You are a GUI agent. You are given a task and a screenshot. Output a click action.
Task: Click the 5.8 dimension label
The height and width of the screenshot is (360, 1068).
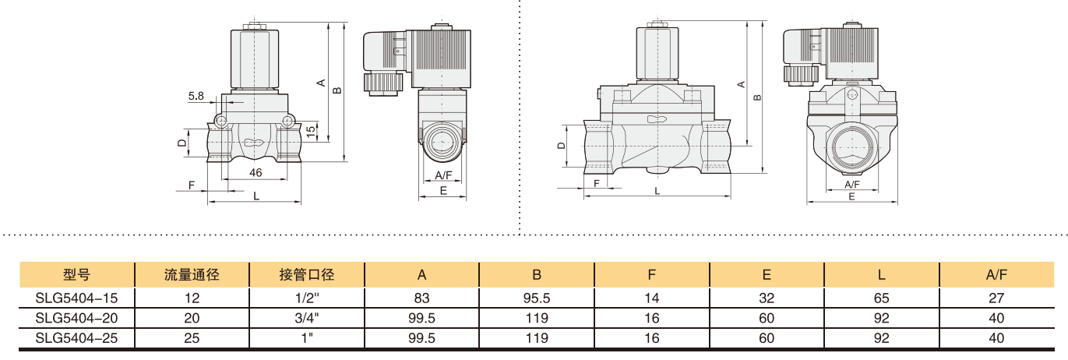point(196,96)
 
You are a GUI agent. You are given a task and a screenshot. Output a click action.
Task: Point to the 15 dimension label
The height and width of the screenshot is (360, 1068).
point(310,132)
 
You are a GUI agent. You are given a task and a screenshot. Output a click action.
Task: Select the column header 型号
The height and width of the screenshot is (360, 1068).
point(77,274)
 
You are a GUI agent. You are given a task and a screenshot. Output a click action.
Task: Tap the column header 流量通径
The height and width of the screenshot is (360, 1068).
point(192,274)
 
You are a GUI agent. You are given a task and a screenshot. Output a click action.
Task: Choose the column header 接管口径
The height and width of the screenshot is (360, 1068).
point(307,274)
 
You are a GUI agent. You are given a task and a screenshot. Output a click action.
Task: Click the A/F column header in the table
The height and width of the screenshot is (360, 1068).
point(996,274)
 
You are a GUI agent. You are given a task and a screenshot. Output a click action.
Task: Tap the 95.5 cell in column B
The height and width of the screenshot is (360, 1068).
point(537,298)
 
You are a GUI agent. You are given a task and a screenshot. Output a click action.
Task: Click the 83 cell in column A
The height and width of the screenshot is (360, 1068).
point(421,298)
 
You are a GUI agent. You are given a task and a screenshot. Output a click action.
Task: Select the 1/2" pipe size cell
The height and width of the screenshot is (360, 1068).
point(307,298)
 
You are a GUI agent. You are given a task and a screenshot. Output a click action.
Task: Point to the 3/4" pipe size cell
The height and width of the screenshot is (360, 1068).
point(307,318)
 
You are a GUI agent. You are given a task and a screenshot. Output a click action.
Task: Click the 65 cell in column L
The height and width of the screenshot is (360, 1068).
point(881,298)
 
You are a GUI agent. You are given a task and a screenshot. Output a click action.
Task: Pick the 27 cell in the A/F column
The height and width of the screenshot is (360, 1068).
point(996,298)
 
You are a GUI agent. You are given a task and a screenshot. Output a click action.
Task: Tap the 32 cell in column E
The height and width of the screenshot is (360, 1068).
point(767,298)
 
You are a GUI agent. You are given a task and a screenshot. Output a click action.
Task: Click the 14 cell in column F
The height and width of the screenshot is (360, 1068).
point(652,298)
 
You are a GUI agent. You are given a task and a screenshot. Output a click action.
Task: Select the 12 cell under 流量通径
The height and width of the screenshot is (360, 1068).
point(192,298)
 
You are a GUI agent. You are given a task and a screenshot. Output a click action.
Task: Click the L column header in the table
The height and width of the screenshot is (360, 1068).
point(881,274)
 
